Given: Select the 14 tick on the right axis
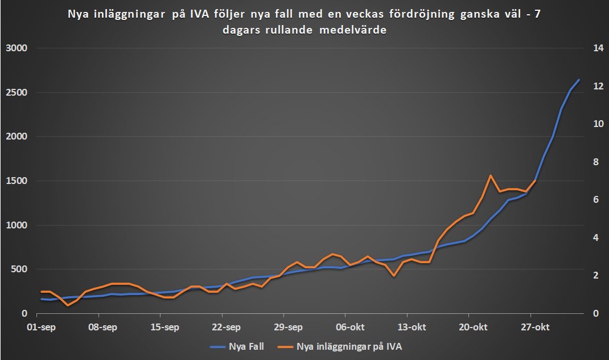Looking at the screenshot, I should coord(598,48).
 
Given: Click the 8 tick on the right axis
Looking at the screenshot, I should coord(596,162).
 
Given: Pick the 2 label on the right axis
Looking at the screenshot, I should coord(596,276).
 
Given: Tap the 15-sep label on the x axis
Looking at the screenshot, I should coord(164,328).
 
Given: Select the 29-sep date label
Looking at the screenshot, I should coord(288,328).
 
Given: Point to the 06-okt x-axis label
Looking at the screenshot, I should coord(349,328).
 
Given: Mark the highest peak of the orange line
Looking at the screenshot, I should coord(491,175).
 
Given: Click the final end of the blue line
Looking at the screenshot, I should coord(579,80).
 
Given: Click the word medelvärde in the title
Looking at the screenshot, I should coord(357,31).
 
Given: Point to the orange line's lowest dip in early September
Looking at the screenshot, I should coord(68,305).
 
